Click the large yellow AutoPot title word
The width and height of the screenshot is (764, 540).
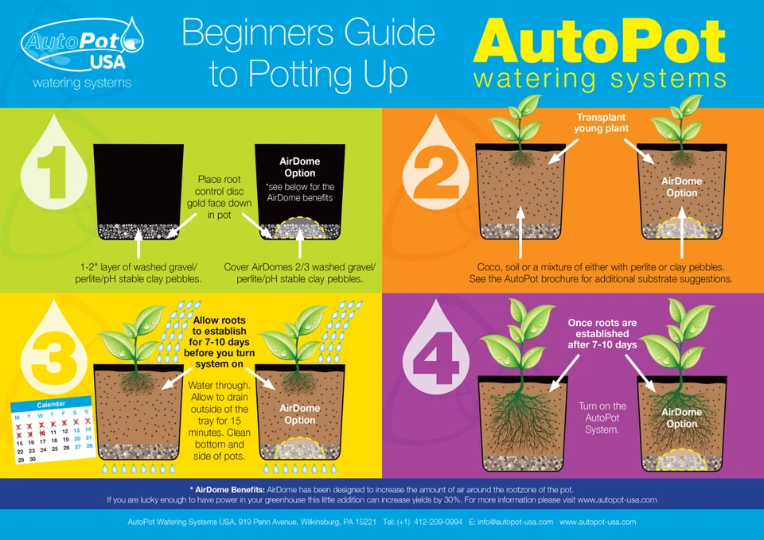point(598,41)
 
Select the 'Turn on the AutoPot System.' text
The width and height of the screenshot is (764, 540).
point(602,418)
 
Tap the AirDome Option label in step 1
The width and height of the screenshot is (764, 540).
point(299,167)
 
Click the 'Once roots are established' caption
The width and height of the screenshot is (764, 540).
point(602,334)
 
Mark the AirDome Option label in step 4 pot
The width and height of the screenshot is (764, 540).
point(681,418)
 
